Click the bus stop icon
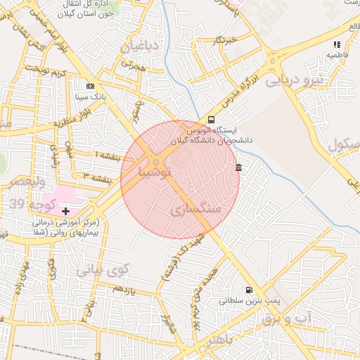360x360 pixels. [212, 119]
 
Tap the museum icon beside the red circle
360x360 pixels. [239, 167]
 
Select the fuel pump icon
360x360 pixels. [247, 290]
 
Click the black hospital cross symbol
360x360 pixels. [66, 210]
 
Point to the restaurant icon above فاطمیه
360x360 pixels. [336, 44]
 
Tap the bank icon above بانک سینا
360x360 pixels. [89, 84]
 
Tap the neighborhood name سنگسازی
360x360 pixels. [195, 210]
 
